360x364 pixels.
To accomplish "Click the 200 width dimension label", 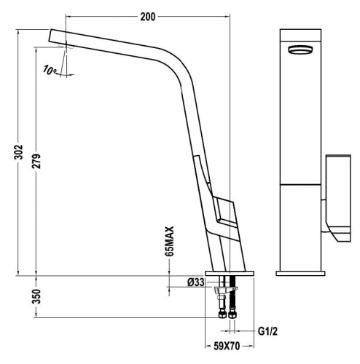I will click(148, 15).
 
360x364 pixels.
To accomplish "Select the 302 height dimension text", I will click(21, 152).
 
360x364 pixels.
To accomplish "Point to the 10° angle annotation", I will click(50, 70).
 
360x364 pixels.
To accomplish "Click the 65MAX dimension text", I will click(170, 242).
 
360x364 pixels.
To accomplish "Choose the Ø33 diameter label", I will click(194, 282).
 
